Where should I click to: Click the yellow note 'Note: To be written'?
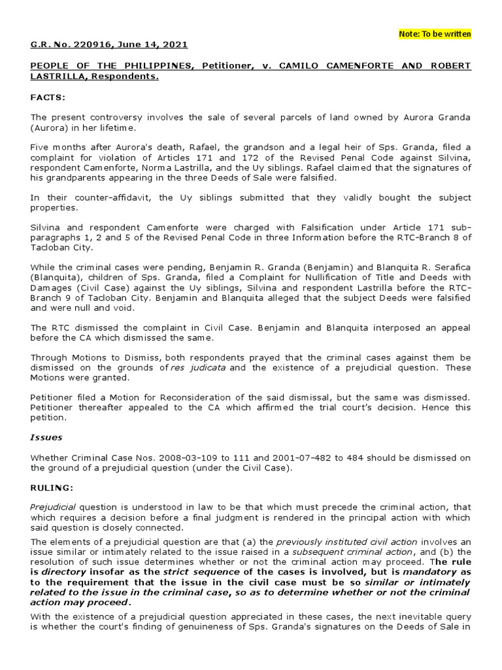point(435,34)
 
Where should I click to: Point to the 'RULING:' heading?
point(51,487)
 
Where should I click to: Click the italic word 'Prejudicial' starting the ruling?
point(54,508)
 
